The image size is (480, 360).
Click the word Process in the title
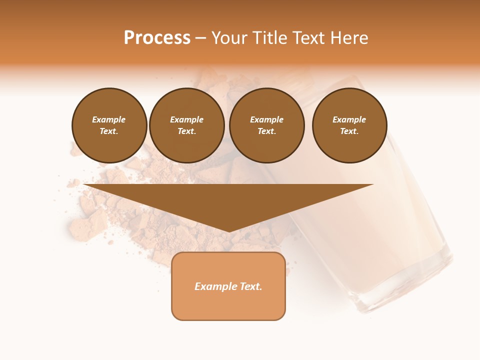click(x=157, y=38)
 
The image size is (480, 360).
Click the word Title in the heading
click(x=267, y=38)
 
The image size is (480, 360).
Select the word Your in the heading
click(x=230, y=38)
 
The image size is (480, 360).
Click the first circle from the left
click(x=109, y=125)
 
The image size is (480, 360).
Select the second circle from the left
click(x=187, y=125)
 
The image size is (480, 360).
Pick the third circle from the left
click(x=266, y=125)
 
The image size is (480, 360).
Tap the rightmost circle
click(x=349, y=125)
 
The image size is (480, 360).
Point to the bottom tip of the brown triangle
click(x=228, y=231)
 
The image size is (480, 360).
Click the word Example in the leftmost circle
click(x=109, y=119)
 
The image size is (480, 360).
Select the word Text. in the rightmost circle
click(x=349, y=131)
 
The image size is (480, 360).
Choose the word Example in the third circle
click(x=266, y=119)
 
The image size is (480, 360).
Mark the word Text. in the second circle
click(x=187, y=131)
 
